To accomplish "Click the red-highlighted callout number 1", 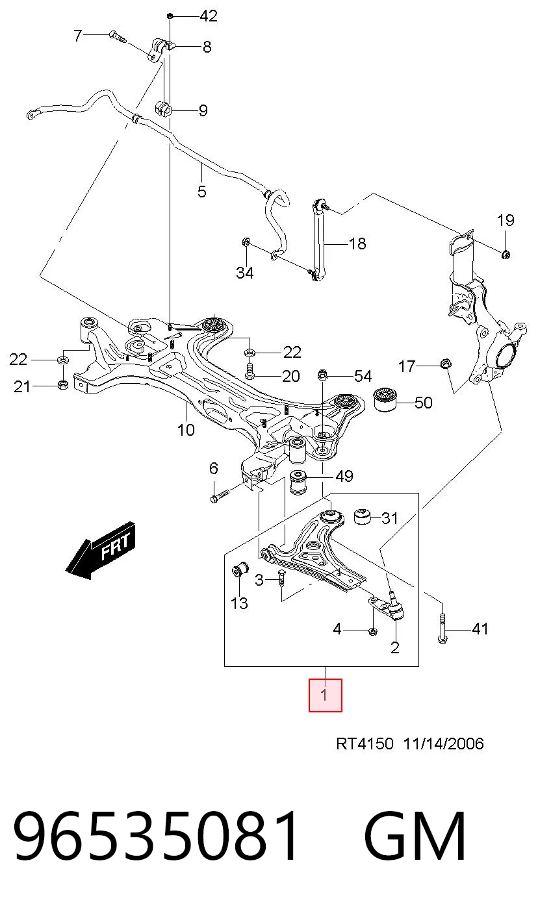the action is click(x=325, y=695).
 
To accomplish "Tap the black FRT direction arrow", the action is click(x=100, y=550).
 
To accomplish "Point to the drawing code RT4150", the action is click(x=365, y=744).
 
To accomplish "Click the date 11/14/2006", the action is click(x=443, y=744).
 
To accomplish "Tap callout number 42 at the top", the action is click(x=209, y=16).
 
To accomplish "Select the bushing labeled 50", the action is click(x=386, y=400).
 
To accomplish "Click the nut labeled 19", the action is click(x=506, y=255).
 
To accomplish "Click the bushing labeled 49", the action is click(x=298, y=482).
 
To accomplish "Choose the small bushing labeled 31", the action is click(x=362, y=517).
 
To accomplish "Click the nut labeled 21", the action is click(x=63, y=384).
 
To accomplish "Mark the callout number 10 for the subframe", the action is click(x=186, y=430).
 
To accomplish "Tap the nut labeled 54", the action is click(x=322, y=374).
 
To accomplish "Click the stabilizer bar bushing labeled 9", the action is click(x=163, y=108).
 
